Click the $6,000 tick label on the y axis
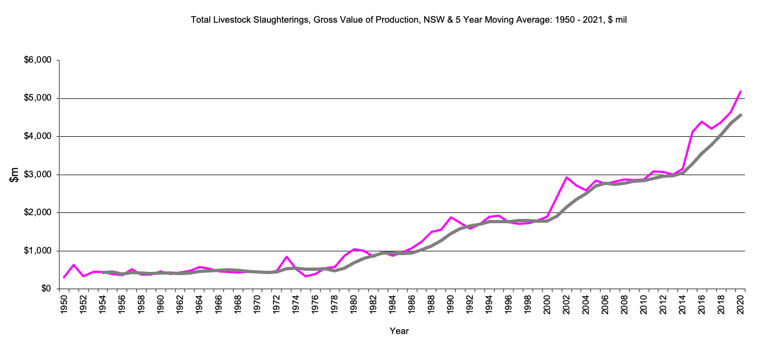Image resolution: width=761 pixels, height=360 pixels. click(37, 61)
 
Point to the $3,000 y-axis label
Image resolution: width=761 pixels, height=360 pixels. click(37, 175)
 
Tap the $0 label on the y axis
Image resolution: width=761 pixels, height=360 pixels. click(44, 289)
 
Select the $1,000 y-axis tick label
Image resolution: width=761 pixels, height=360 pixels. click(37, 251)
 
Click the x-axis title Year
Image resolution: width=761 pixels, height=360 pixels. click(399, 331)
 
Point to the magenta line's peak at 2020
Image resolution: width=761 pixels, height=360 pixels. click(740, 91)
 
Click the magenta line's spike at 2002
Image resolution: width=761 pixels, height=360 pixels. click(566, 177)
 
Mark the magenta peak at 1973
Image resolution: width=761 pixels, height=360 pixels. click(286, 257)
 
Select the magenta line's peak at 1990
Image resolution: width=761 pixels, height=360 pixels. click(451, 217)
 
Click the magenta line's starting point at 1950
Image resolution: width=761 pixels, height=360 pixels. click(64, 277)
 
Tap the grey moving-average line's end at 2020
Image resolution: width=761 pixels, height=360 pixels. click(740, 115)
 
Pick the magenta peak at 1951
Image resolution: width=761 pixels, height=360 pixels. click(74, 265)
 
